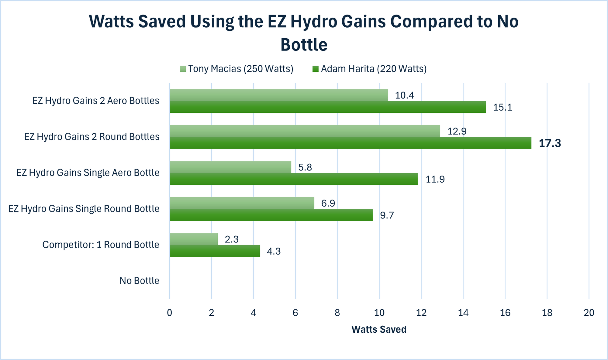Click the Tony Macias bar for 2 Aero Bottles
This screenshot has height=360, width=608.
pos(278,95)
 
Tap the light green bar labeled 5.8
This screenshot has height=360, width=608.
pos(230,167)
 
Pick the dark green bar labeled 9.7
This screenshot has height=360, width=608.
pos(271,215)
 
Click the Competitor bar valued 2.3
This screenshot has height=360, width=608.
pos(194,239)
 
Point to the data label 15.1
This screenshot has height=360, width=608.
pos(503,108)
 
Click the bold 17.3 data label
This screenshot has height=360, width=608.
pos(550,143)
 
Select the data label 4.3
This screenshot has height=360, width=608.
pos(274,252)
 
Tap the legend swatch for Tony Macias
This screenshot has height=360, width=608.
pos(183,69)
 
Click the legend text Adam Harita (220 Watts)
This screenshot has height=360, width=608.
pos(374,69)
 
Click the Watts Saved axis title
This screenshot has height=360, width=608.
pos(379,330)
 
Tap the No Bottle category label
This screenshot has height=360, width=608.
pos(139,281)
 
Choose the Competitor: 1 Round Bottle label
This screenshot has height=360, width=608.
pos(101,245)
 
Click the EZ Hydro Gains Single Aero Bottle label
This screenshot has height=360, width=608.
pos(88,173)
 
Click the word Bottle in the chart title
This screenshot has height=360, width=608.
pos(304,45)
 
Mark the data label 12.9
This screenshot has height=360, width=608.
pos(457,132)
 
